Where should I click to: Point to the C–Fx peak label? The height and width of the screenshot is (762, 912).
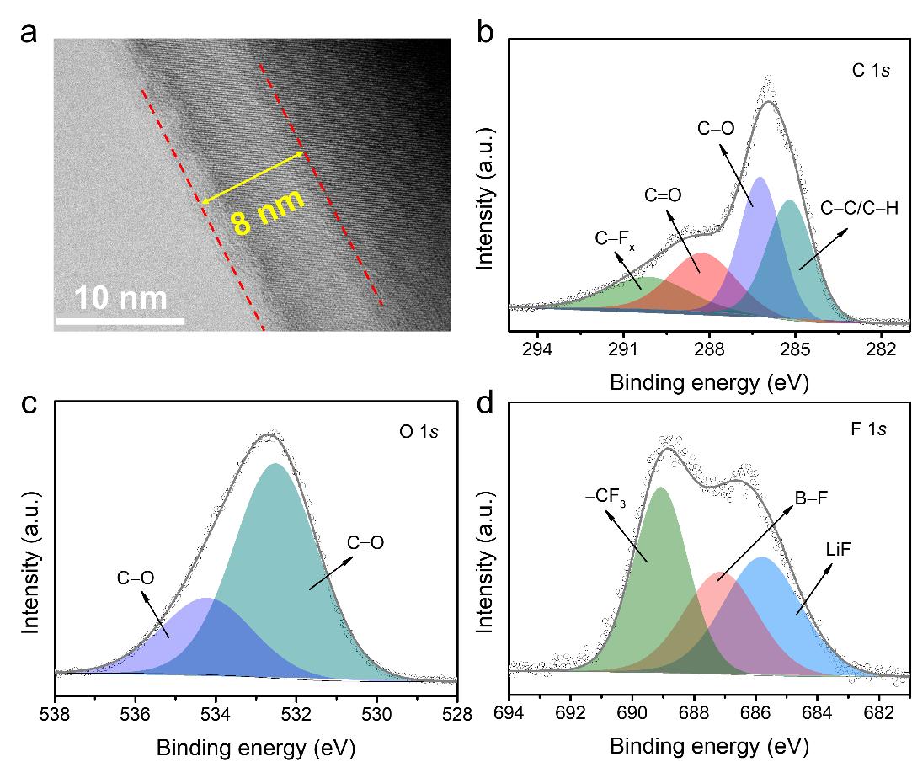coord(615,239)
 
